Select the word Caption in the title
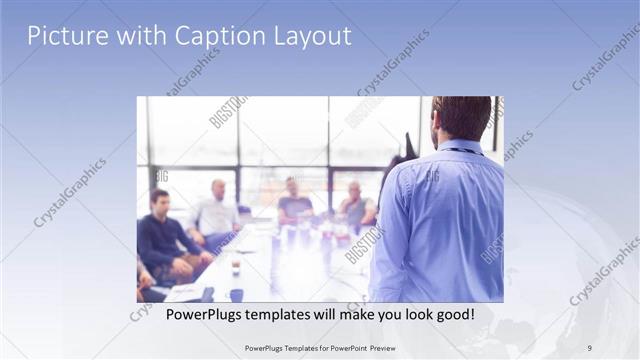(x=213, y=36)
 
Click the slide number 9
(x=589, y=347)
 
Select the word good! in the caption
(x=453, y=315)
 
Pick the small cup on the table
(x=236, y=268)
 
